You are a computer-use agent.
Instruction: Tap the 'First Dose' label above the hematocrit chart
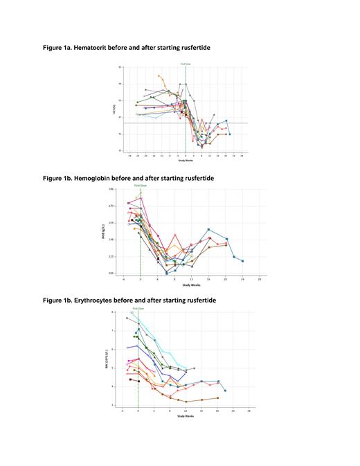[186, 64]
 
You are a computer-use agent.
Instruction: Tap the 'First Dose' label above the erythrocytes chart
[138, 308]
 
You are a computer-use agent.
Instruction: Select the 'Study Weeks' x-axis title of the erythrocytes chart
[186, 416]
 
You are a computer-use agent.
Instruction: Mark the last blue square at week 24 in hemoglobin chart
[242, 261]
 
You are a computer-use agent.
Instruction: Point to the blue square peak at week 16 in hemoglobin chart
[208, 229]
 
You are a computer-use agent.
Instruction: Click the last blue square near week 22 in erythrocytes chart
[225, 391]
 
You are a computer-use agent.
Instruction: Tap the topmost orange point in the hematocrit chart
[159, 75]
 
